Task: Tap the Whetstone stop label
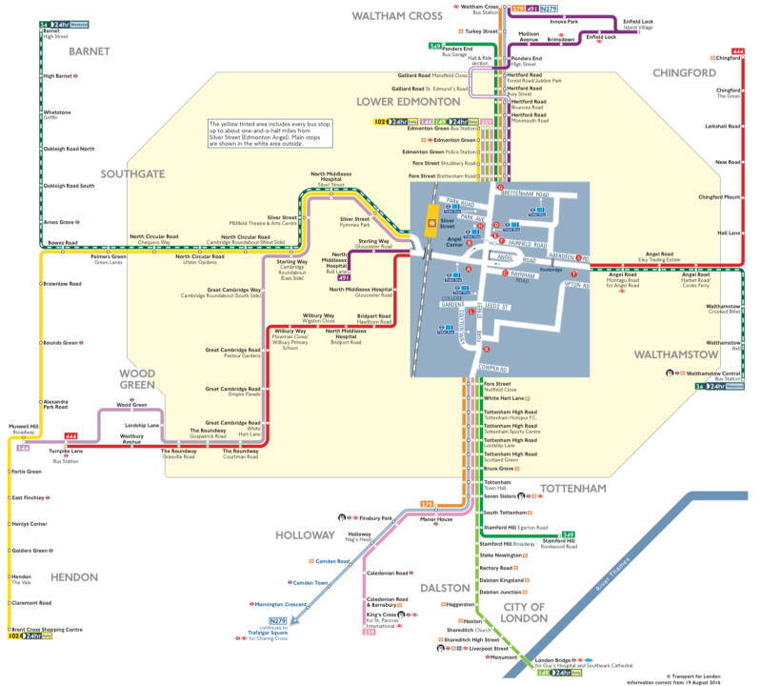(x=57, y=113)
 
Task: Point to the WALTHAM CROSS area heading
(x=397, y=16)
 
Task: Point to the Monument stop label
(x=504, y=657)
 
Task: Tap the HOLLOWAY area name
(x=306, y=535)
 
